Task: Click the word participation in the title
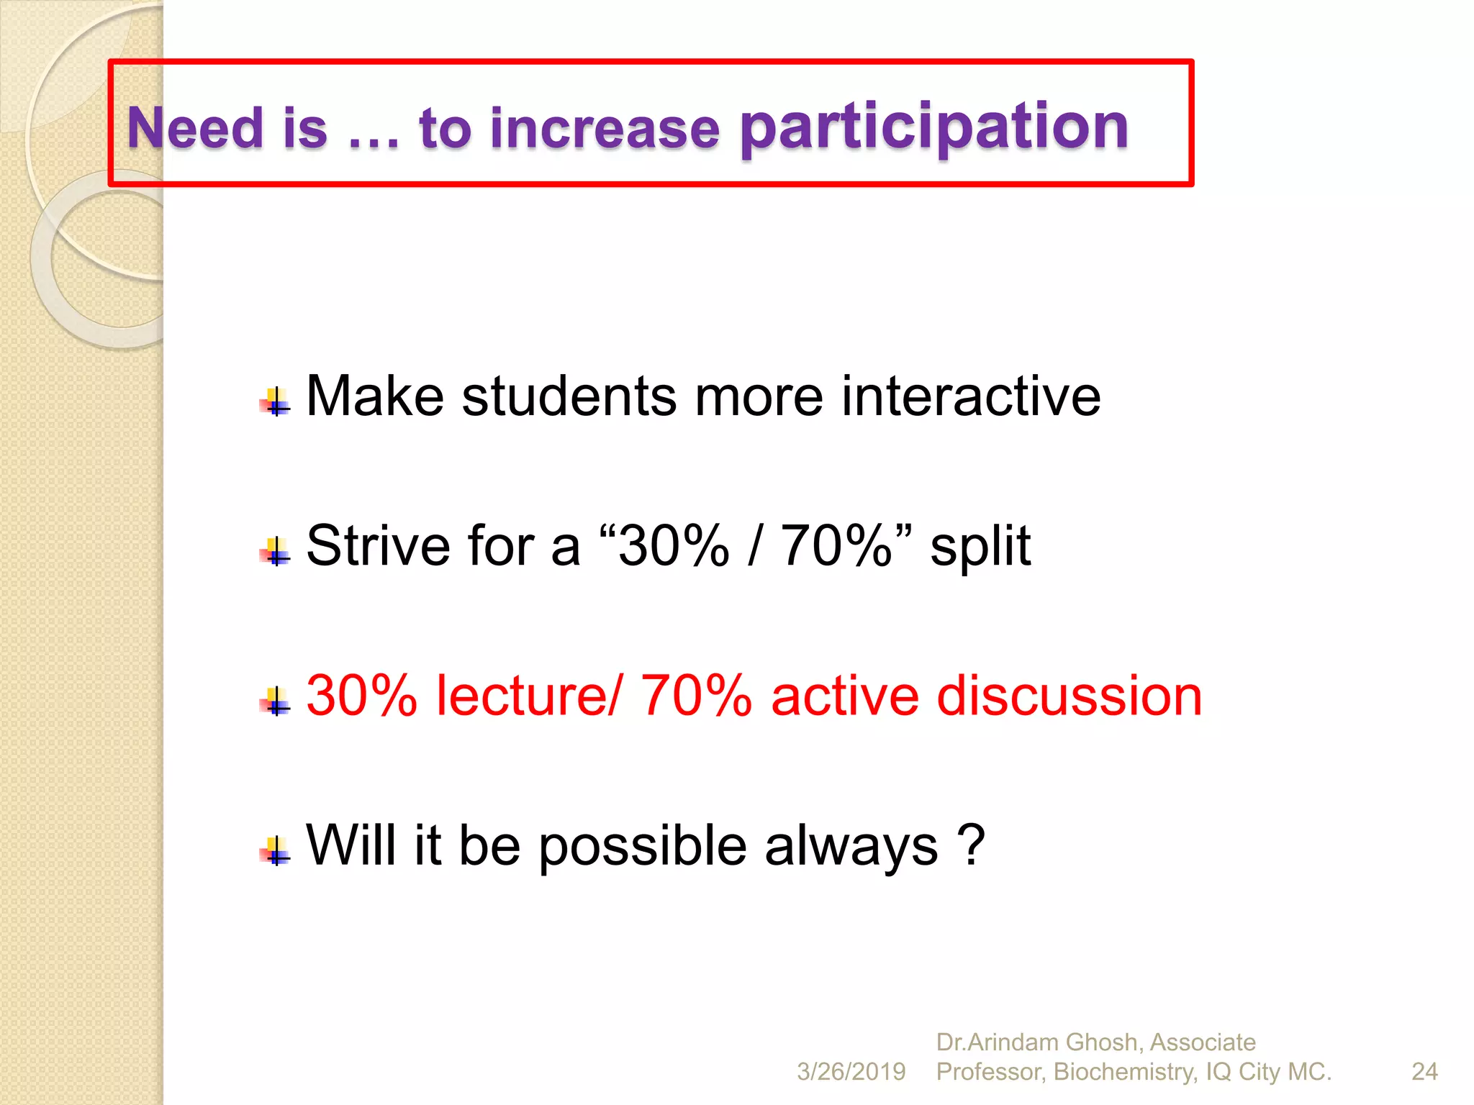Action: (934, 128)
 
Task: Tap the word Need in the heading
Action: (195, 128)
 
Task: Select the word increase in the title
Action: (605, 129)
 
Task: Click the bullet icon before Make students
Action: (275, 402)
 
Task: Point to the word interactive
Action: (971, 396)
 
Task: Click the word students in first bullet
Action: (569, 396)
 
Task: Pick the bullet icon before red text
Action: (275, 701)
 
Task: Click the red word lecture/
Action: (527, 696)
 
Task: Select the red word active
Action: (844, 696)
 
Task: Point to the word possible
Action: (642, 847)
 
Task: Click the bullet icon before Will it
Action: (275, 851)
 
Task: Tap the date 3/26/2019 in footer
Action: (851, 1072)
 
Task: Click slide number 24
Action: (1424, 1072)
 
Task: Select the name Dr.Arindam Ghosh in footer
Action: (1037, 1042)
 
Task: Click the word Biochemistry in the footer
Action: (1126, 1072)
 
